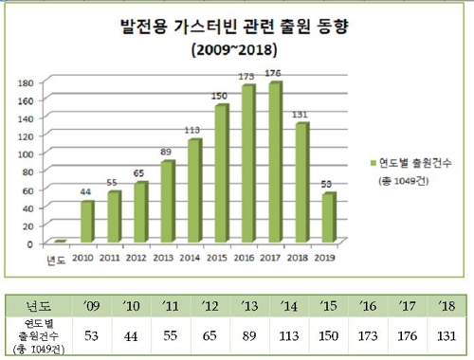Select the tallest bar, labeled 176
tap(275, 164)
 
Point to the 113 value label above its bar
tap(194, 130)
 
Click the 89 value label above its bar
tap(167, 152)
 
